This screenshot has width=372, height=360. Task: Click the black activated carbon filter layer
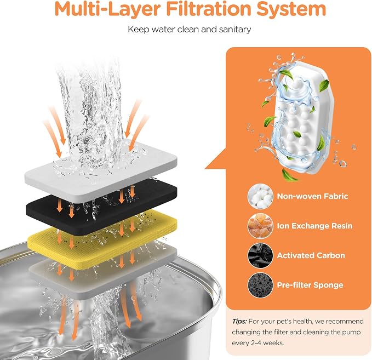101,206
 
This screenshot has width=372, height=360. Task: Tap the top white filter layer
101,173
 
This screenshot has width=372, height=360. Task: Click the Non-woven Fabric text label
312,196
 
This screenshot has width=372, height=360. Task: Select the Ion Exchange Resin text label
315,226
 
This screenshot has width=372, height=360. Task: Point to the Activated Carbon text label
311,255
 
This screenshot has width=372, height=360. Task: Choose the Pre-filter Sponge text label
310,285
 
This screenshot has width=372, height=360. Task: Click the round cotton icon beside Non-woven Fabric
260,197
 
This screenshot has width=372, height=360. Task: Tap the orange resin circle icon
260,226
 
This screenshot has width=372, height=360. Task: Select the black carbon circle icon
260,255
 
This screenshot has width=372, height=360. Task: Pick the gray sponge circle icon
260,285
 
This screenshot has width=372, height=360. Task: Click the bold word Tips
239,322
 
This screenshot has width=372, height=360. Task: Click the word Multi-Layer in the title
107,9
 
